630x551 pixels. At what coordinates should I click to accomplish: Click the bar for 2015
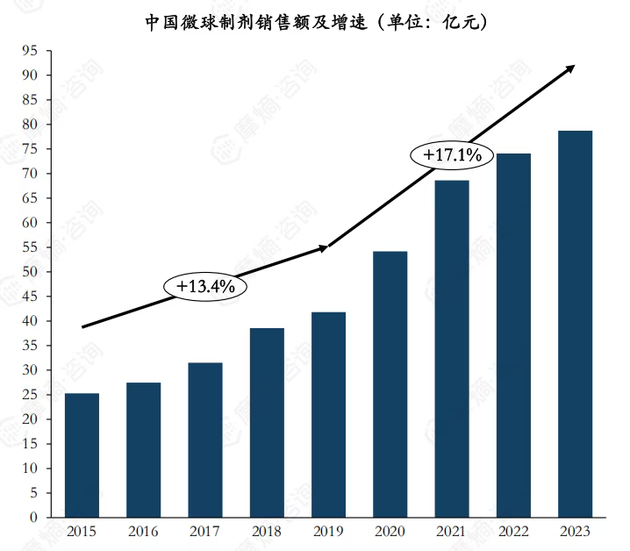pyautogui.click(x=82, y=455)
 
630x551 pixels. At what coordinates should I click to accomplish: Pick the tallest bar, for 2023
pyautogui.click(x=575, y=324)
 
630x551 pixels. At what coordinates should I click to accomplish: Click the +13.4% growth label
pyautogui.click(x=206, y=287)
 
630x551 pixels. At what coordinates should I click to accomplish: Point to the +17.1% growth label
pyautogui.click(x=453, y=155)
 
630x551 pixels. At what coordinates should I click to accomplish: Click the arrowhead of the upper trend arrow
pyautogui.click(x=571, y=68)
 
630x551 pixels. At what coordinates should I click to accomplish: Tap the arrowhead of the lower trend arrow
pyautogui.click(x=325, y=248)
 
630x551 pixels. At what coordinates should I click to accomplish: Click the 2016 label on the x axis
pyautogui.click(x=144, y=532)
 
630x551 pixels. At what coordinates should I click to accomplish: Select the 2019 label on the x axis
pyautogui.click(x=328, y=532)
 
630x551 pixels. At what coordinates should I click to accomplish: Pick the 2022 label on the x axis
pyautogui.click(x=513, y=532)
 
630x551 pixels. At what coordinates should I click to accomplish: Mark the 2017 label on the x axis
pyautogui.click(x=205, y=532)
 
